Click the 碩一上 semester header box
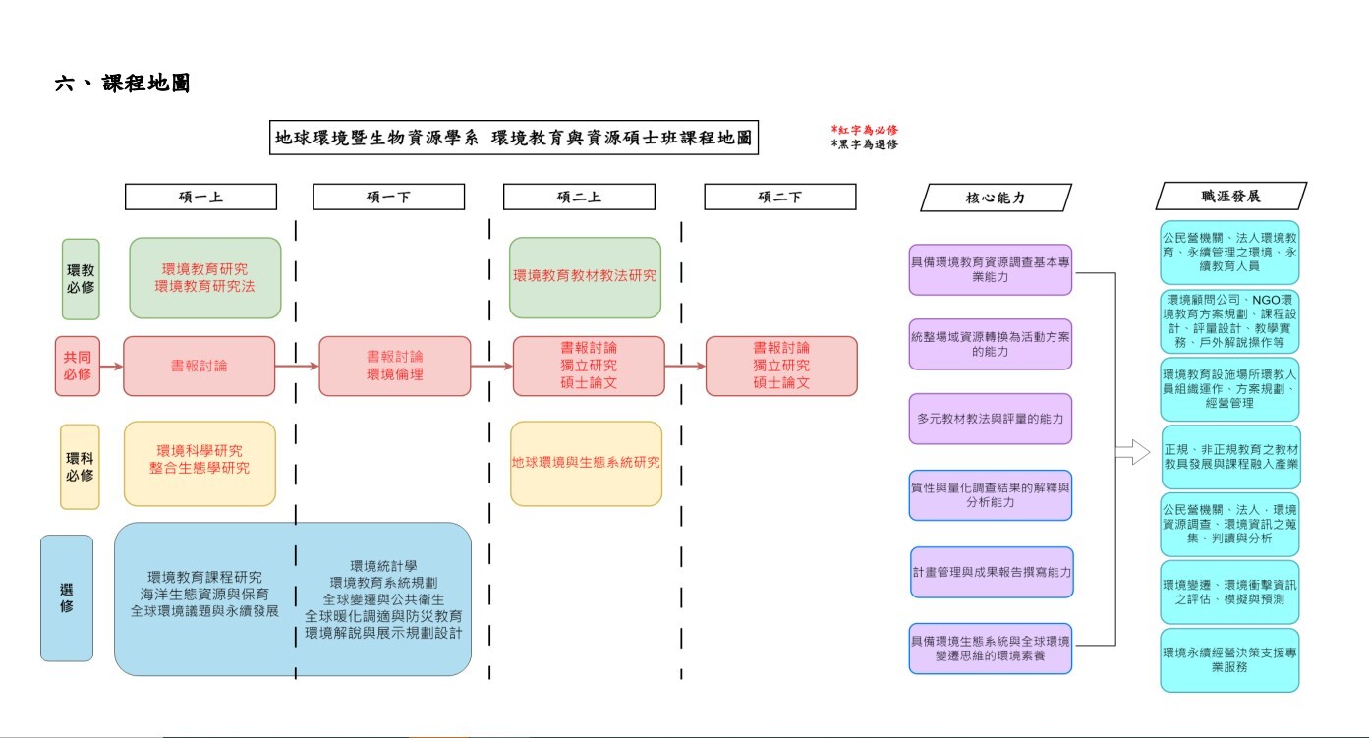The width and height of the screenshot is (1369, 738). pyautogui.click(x=200, y=197)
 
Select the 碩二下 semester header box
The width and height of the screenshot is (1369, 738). pyautogui.click(x=779, y=197)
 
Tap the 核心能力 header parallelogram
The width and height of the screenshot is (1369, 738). pyautogui.click(x=996, y=197)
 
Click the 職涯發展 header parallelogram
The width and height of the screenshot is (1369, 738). pyautogui.click(x=1230, y=196)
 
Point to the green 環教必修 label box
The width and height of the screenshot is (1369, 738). pyautogui.click(x=81, y=279)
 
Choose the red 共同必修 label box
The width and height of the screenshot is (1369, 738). pyautogui.click(x=78, y=367)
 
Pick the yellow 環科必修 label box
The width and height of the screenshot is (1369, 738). pyautogui.click(x=80, y=467)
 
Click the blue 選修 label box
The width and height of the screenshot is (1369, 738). pyautogui.click(x=67, y=597)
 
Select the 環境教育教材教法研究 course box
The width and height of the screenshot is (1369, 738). pyautogui.click(x=585, y=277)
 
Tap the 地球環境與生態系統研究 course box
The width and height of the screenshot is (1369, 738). pyautogui.click(x=586, y=463)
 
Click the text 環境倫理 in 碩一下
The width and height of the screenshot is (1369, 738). pyautogui.click(x=394, y=374)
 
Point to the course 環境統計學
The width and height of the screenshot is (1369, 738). pyautogui.click(x=383, y=565)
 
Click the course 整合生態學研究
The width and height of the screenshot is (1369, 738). pyautogui.click(x=200, y=469)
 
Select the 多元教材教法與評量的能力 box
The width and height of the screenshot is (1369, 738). pyautogui.click(x=990, y=419)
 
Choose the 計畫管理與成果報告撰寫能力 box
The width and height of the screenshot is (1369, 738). pyautogui.click(x=991, y=572)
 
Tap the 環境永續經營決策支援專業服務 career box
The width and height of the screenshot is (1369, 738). pyautogui.click(x=1229, y=659)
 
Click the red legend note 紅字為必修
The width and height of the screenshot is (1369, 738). pyautogui.click(x=865, y=130)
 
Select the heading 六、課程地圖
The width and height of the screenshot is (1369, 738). pyautogui.click(x=122, y=85)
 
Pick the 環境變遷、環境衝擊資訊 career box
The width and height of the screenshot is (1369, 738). pyautogui.click(x=1229, y=592)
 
